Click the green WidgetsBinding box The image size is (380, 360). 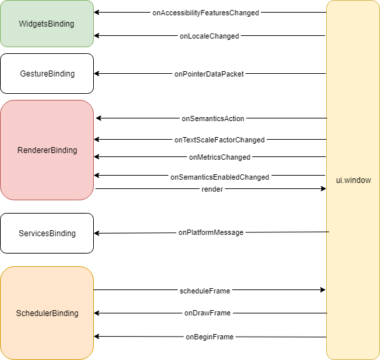[x=47, y=24]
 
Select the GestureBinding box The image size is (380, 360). [x=47, y=74]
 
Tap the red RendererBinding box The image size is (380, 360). [x=47, y=150]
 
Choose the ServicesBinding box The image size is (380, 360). [x=47, y=234]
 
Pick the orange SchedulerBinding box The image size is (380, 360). [x=47, y=313]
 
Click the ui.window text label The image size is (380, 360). [x=353, y=180]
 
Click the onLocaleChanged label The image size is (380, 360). [x=209, y=36]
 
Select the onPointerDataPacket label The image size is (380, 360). [x=210, y=74]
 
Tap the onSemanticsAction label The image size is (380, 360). [x=213, y=118]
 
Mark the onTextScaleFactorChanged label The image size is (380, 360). [x=219, y=140]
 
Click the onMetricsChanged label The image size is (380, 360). [x=219, y=157]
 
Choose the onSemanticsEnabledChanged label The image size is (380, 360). [x=220, y=177]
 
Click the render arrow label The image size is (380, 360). [x=212, y=189]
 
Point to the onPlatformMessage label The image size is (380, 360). [x=210, y=232]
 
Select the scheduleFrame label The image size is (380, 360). [x=205, y=291]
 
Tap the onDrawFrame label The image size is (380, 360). [x=207, y=313]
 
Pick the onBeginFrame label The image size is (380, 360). [x=209, y=337]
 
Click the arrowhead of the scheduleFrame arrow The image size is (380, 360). [x=323, y=290]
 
